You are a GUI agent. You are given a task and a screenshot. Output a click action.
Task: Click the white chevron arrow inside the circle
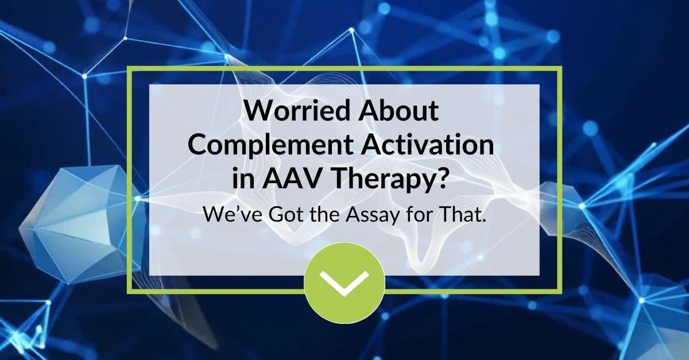click(x=344, y=282)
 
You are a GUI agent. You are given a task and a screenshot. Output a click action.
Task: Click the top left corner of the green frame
click(x=129, y=68)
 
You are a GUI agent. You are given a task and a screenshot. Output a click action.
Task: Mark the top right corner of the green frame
click(x=560, y=68)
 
